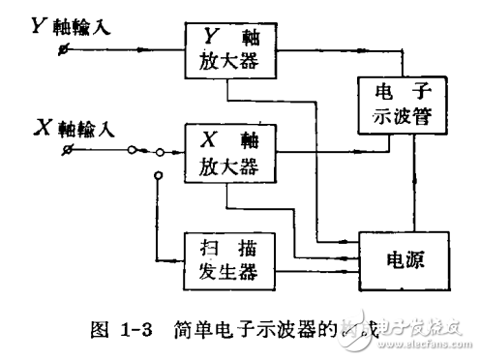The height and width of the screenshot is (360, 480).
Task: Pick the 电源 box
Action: click(406, 260)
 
